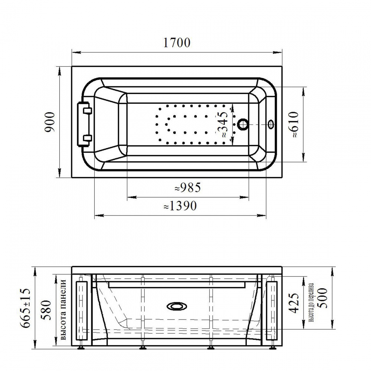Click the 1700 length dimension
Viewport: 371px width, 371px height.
tap(177, 43)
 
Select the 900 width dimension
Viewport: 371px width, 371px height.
tap(50, 122)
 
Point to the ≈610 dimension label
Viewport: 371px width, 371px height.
tap(293, 125)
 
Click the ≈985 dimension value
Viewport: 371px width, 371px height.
tap(188, 188)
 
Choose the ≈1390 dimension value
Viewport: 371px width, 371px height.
tap(180, 206)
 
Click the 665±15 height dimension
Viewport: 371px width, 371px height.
tap(26, 308)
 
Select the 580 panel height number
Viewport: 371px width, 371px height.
tap(46, 310)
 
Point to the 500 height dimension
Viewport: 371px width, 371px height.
tap(323, 298)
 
